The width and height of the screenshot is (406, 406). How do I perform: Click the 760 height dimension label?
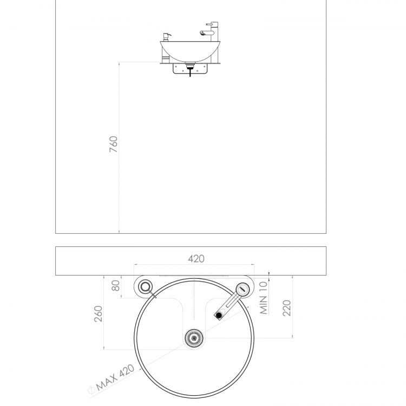coord(114,144)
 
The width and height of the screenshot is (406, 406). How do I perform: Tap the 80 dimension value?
coord(116,286)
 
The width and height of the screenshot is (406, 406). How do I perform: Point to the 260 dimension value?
coord(98,314)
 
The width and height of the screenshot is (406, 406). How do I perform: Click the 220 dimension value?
coord(286,308)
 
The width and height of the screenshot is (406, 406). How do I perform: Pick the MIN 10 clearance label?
coord(263,298)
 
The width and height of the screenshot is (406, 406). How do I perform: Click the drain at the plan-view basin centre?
coord(194,338)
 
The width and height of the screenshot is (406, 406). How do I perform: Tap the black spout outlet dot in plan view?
coord(219,315)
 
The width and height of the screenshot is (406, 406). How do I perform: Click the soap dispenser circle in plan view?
coord(145,286)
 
